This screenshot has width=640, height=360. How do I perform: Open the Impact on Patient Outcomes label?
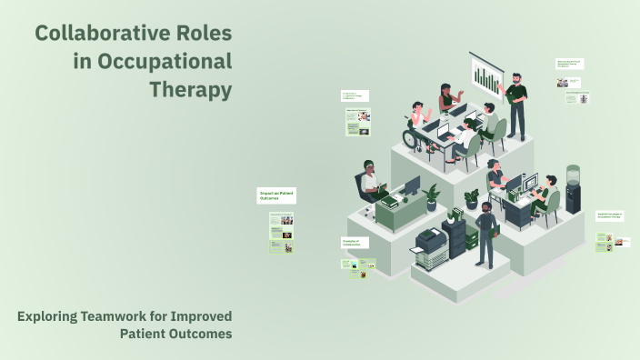[276, 195]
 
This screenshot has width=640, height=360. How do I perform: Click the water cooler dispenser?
[573, 189]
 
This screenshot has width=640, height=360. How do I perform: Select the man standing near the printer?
[487, 234]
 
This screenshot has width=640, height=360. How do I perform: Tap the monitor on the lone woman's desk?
[411, 186]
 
